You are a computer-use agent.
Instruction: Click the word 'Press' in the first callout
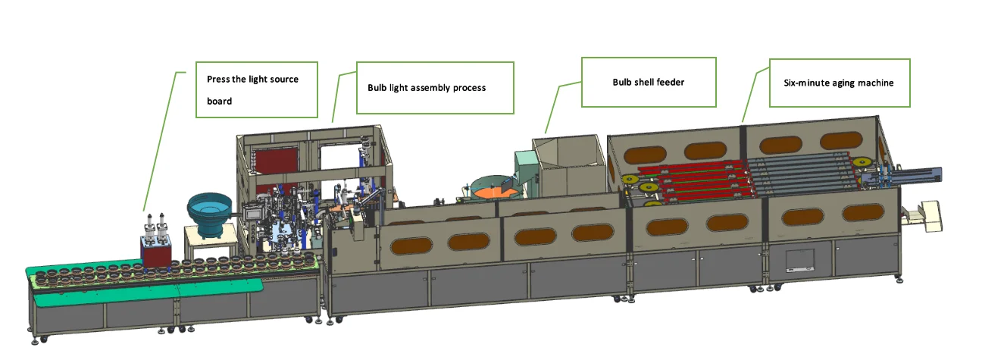[x=218, y=80]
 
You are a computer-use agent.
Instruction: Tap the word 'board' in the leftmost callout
[x=219, y=101]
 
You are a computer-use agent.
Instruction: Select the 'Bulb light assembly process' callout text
[x=427, y=88]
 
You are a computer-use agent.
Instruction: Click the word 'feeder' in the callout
[x=668, y=82]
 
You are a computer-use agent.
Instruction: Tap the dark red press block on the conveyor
[x=156, y=252]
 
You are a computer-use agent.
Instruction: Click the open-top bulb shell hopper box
[x=570, y=167]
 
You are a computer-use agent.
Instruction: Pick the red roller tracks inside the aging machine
[x=690, y=180]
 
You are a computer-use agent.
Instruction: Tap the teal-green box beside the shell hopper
[x=525, y=164]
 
